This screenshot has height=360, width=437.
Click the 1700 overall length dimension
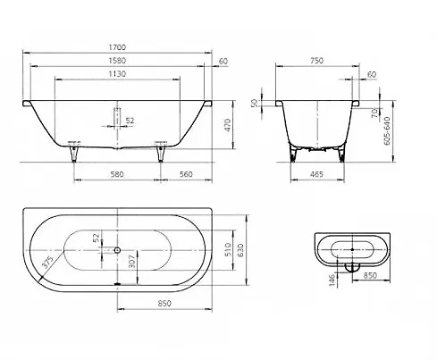(x=117, y=47)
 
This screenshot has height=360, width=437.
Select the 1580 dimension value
(x=117, y=61)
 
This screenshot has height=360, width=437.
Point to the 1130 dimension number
(x=117, y=73)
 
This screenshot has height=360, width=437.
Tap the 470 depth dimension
(x=227, y=125)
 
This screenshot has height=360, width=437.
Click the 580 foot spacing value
(x=117, y=174)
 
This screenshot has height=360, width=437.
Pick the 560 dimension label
(x=186, y=174)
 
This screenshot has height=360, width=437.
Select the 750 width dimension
(x=316, y=61)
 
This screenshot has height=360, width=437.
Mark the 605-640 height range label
(x=387, y=130)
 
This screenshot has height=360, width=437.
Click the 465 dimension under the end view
(x=316, y=174)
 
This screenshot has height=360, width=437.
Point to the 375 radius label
(x=47, y=262)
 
